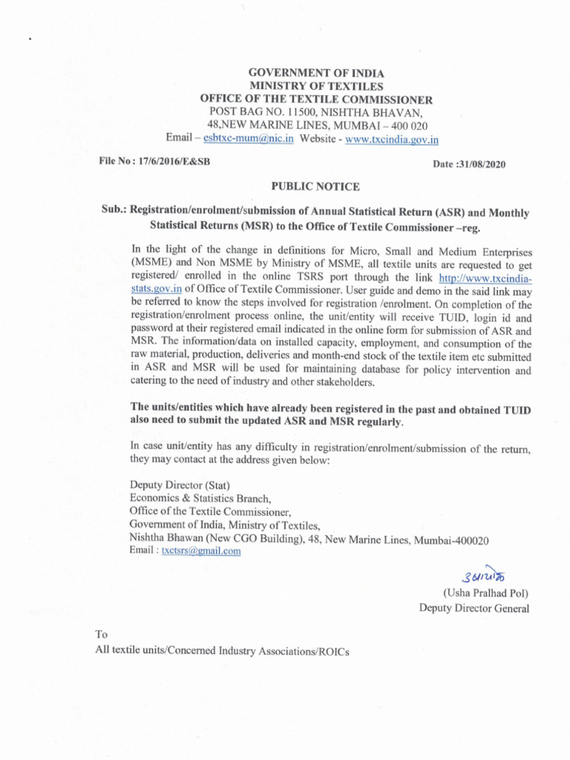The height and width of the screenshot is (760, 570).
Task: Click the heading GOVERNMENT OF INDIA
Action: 316,73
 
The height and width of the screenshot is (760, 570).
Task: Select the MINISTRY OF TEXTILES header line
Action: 316,86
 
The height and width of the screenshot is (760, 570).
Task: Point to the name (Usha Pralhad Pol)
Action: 485,593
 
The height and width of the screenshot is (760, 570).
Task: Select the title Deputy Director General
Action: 474,609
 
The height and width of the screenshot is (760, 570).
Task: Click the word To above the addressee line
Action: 102,635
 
